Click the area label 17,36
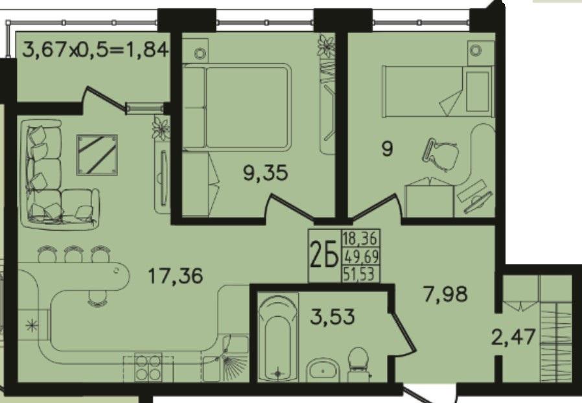coord(175,276)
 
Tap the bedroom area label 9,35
coord(265,173)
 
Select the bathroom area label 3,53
coord(332,317)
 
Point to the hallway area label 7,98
coord(445,294)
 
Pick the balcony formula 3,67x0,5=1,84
coord(95,50)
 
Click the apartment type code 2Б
coord(324,255)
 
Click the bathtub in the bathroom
coord(277,338)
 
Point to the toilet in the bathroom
coord(358,364)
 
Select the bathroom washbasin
coord(323,370)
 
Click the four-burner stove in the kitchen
coord(148,369)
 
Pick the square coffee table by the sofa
coord(97,155)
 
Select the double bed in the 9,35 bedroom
coord(236,108)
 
